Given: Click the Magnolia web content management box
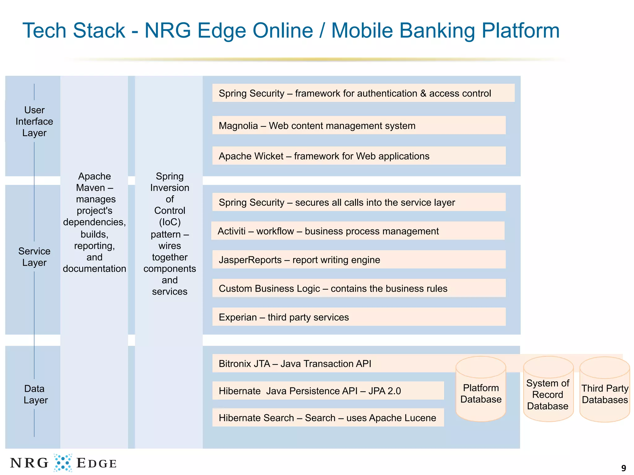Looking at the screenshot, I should pos(358,126).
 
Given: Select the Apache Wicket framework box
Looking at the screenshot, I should pos(358,156).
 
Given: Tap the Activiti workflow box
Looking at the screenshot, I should pos(358,231).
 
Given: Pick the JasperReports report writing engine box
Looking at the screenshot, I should pos(358,260).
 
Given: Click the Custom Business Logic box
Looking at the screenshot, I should pos(358,288).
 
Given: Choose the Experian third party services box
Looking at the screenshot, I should pos(358,317).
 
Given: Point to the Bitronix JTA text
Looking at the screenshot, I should pos(295,364).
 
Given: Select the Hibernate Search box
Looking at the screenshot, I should pos(328,418).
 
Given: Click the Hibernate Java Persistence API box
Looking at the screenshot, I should pos(328,391).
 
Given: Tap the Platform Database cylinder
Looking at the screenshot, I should pos(481,393).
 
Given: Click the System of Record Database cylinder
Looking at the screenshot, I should pos(548,394).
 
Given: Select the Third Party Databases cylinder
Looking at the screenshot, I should pos(605,394).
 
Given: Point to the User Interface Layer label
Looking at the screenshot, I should pos(34,122).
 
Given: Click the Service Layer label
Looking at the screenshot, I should pos(34,257).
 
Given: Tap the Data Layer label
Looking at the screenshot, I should pos(35,394).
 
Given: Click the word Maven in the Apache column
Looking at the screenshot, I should pos(90,188).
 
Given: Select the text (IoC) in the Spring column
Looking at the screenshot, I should pos(170,222).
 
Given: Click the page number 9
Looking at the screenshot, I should pos(623,468).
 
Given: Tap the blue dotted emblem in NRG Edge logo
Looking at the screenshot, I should pos(63,463).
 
